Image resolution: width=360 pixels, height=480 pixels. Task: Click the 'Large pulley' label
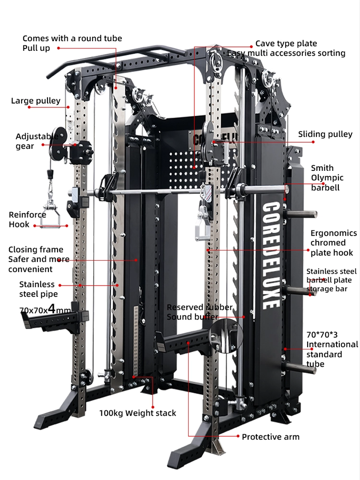36,101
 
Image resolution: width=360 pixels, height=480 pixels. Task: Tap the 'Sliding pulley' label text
325,134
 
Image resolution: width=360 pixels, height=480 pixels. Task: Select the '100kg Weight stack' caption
137,413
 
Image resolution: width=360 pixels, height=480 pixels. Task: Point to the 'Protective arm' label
271,437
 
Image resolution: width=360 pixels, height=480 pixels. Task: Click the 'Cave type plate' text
286,44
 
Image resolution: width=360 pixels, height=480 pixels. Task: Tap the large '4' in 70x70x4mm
52,309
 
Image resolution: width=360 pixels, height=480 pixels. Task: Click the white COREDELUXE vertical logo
271,255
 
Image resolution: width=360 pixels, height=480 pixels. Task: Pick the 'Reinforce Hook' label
27,219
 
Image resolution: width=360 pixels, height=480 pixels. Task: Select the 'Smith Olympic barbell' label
327,178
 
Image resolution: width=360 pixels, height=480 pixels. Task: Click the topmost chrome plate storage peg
300,214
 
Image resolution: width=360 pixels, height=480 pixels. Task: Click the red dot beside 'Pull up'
58,48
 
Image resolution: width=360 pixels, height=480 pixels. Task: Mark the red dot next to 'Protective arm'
238,436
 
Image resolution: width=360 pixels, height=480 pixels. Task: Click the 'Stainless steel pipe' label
38,289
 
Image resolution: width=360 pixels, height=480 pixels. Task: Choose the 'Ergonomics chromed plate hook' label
334,243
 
